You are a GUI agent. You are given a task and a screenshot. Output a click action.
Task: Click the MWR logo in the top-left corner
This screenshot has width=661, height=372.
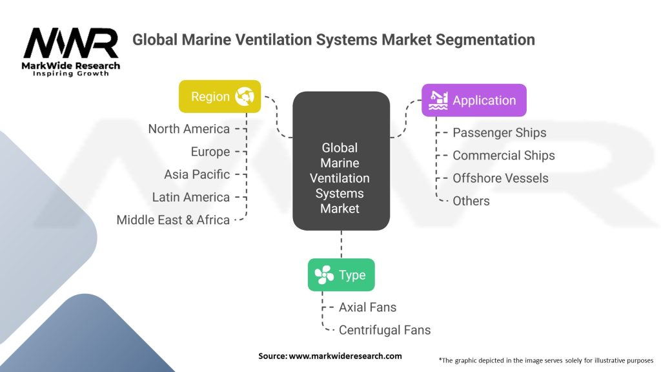[71, 48]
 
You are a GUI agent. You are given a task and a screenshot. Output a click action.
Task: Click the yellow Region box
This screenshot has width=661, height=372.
[219, 97]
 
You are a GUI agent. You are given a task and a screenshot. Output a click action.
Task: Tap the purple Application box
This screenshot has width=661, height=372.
[474, 100]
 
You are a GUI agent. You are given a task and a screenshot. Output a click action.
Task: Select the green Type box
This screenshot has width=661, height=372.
[341, 275]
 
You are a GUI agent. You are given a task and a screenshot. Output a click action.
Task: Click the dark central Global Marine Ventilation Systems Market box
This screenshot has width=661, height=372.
[340, 161]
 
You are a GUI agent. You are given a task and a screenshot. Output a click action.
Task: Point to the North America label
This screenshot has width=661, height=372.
[188, 129]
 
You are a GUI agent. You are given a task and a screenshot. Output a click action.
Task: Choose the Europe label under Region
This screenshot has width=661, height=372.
[210, 152]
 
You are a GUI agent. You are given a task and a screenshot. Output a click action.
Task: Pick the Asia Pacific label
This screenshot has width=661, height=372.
[197, 174]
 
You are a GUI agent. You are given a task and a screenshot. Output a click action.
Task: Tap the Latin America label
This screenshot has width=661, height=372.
[190, 197]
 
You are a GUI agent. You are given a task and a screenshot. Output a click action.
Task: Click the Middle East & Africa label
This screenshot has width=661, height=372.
[173, 220]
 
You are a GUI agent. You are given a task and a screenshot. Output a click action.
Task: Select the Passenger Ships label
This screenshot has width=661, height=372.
[499, 133]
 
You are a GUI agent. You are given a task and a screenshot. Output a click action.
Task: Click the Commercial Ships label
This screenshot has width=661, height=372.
[503, 156]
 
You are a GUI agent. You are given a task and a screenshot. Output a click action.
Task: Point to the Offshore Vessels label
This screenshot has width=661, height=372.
[500, 178]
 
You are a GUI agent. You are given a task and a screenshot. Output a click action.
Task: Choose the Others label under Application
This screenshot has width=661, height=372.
[471, 201]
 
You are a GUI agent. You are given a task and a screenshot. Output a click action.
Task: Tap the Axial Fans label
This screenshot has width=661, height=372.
[367, 307]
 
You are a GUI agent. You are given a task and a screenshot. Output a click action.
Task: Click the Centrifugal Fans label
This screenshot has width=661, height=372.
[384, 330]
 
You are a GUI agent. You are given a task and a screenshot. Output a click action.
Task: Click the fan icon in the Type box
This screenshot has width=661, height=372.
[324, 275]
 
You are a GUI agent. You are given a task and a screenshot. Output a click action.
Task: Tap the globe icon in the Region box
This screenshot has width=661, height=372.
[245, 97]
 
